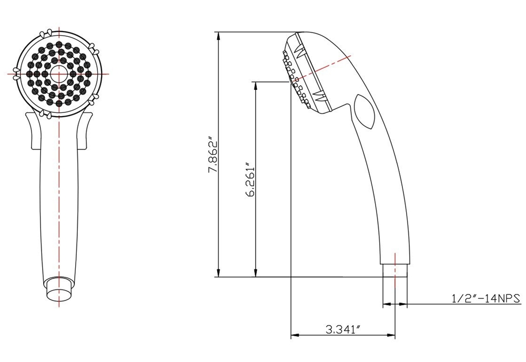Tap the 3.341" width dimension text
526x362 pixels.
pos(342,330)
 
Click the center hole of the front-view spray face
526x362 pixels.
pos(58,74)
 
